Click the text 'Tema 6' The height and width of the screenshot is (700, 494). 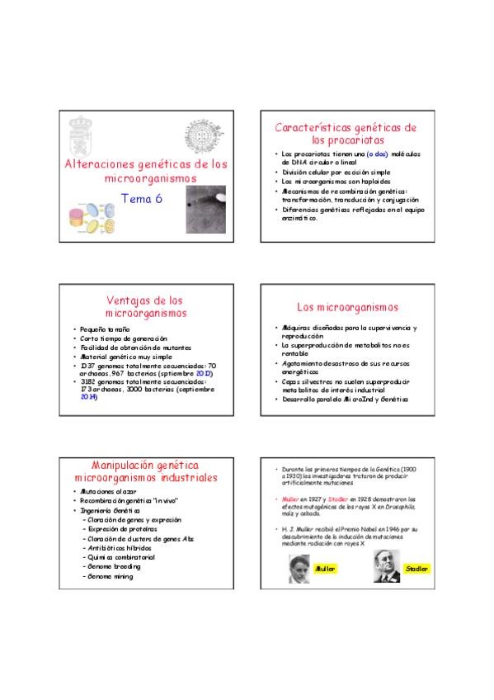pos(142,197)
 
